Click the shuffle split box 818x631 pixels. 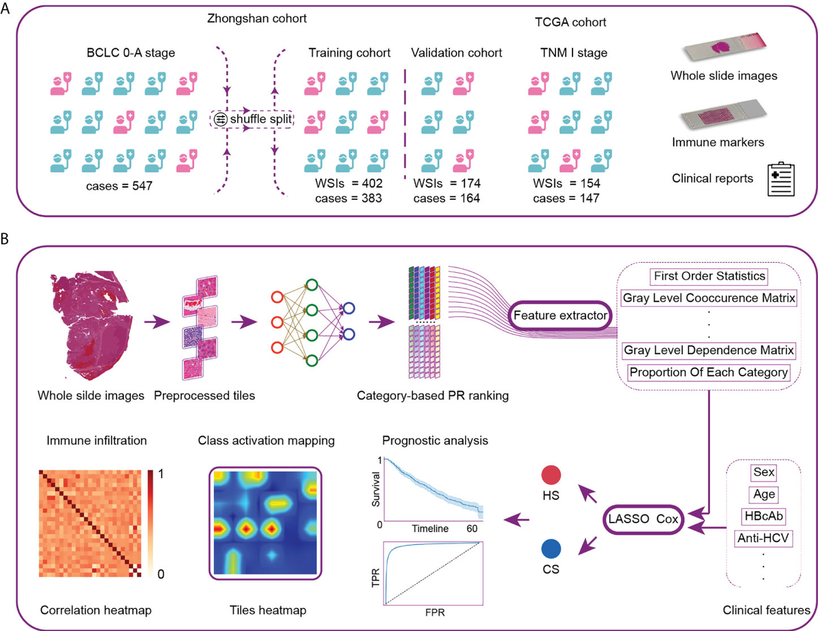[x=252, y=119]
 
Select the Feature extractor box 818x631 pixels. [x=560, y=315]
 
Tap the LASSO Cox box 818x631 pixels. [x=643, y=519]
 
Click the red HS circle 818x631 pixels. [x=551, y=475]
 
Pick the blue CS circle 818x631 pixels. [x=551, y=549]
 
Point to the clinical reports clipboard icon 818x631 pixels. [x=781, y=179]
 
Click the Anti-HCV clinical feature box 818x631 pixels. [x=763, y=538]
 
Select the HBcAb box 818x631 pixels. [x=763, y=516]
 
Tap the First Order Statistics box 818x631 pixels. [x=709, y=276]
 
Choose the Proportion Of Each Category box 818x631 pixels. [x=709, y=372]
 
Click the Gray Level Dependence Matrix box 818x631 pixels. [x=709, y=351]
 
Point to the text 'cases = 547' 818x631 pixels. [x=119, y=186]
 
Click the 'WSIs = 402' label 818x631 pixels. [x=348, y=184]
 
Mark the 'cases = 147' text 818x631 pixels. [x=566, y=198]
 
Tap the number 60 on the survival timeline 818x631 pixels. [x=472, y=529]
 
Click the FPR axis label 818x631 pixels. [x=435, y=613]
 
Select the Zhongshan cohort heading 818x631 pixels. [x=257, y=18]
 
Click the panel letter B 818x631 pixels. [x=5, y=239]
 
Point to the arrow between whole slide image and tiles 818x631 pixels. [x=157, y=322]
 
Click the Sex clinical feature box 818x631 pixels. [x=763, y=472]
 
